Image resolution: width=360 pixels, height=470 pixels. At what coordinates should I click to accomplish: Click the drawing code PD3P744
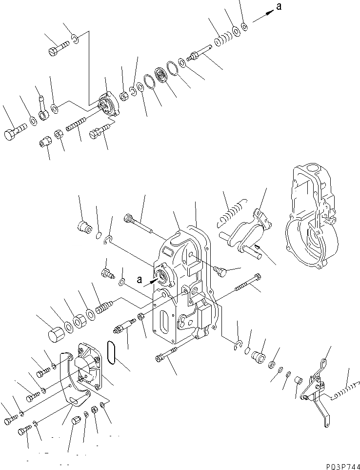[x=340, y=464]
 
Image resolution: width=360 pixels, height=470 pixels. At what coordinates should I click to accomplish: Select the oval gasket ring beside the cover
[x=113, y=352]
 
